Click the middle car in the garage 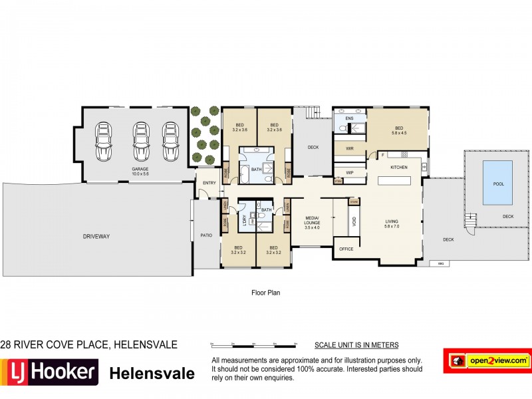(x=140, y=141)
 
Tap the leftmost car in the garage (x=104, y=141)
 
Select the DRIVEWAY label (x=96, y=236)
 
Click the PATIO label (x=205, y=235)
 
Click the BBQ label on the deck (x=440, y=264)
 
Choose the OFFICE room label (x=346, y=249)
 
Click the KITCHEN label (x=398, y=167)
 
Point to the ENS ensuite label (x=348, y=118)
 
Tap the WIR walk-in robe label (x=349, y=149)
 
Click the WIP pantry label (x=349, y=172)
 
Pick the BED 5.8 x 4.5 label (x=399, y=130)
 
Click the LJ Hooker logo (x=50, y=371)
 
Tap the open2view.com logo (x=487, y=360)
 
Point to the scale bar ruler (x=253, y=346)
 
